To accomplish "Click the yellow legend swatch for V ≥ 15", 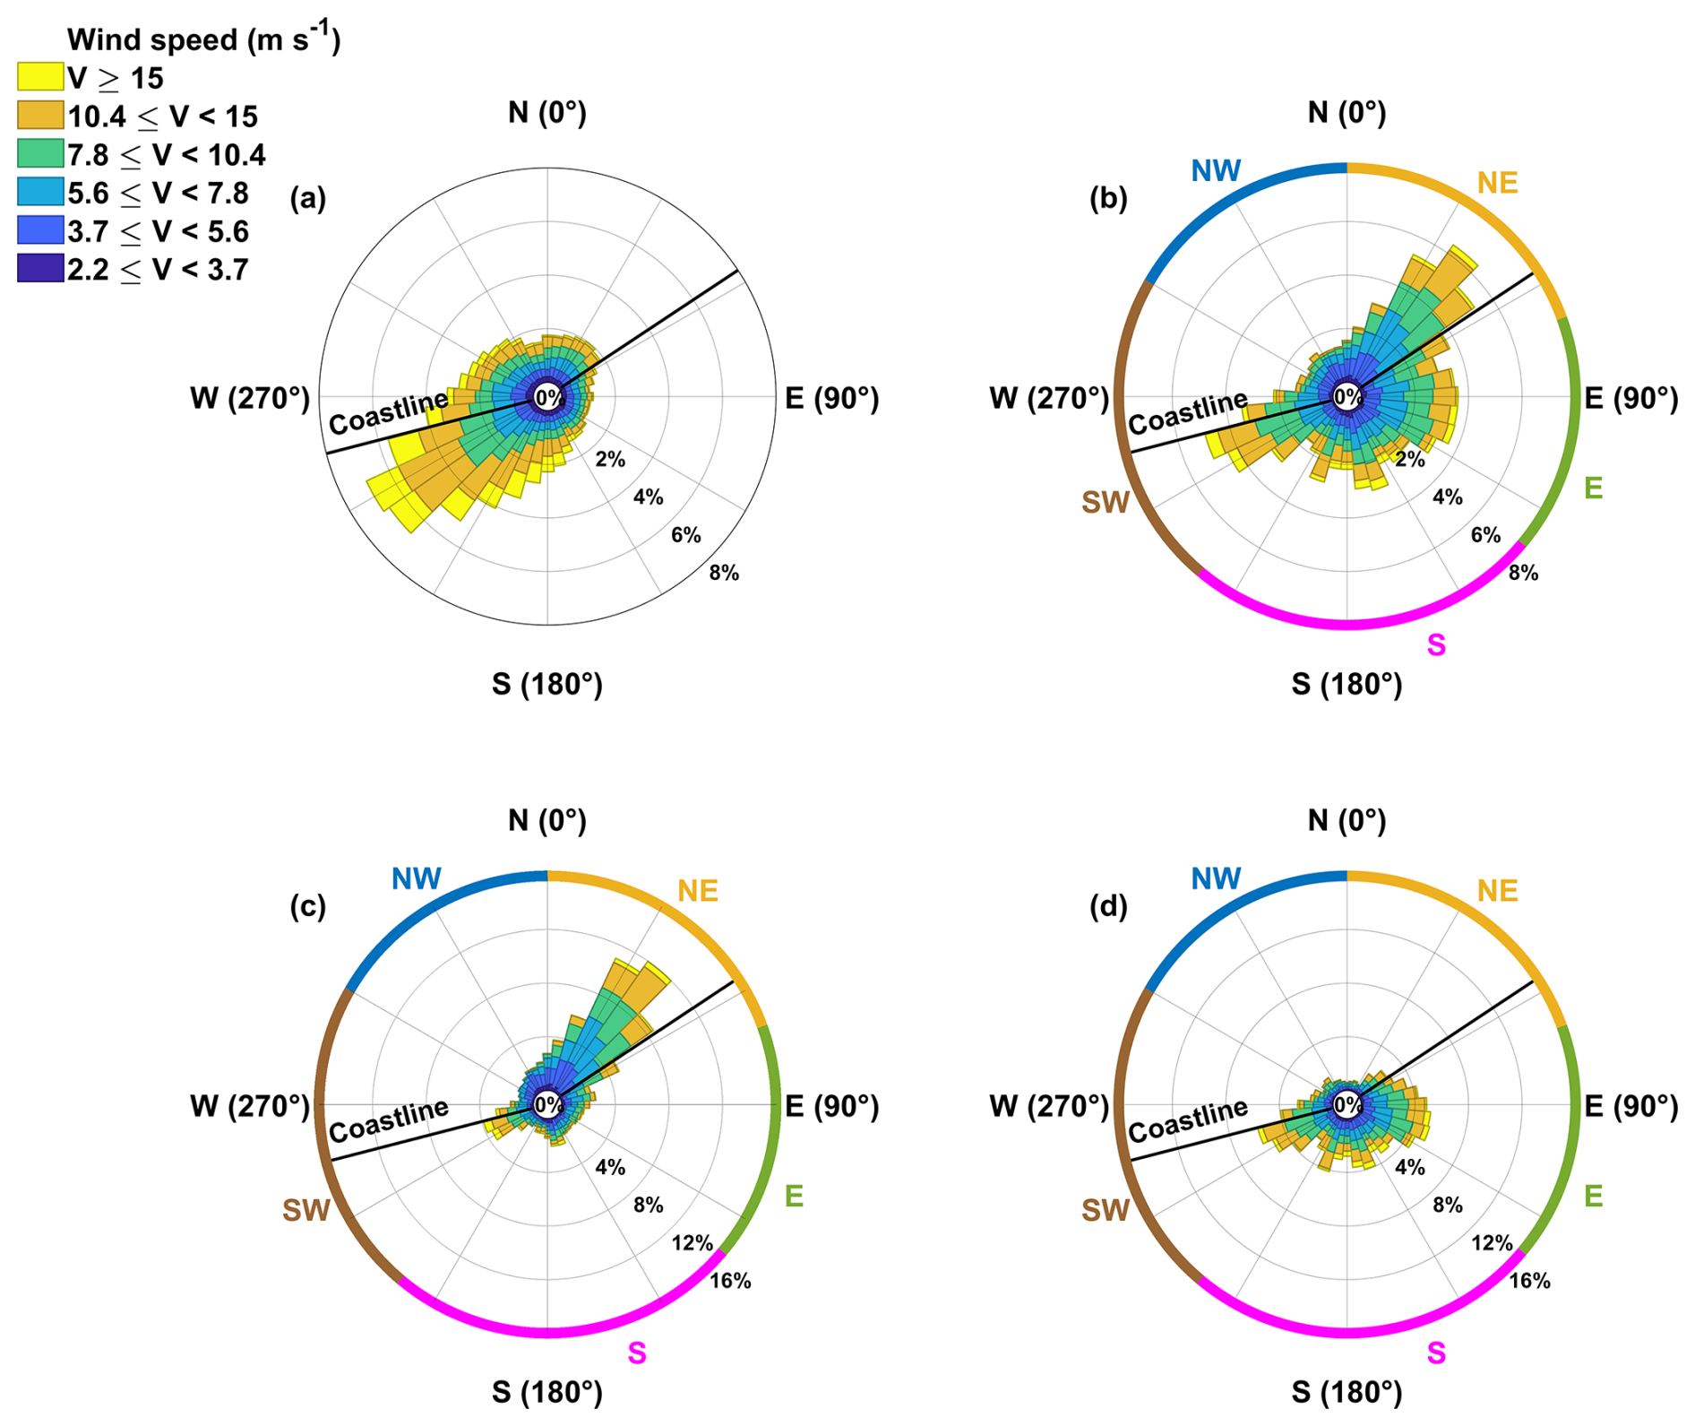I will coord(40,77).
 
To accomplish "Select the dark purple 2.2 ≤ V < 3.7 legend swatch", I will coord(40,268).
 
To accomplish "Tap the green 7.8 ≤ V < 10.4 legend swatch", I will coord(40,153).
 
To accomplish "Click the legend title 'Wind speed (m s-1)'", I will coord(203,39).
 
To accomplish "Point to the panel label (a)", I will coord(307,198).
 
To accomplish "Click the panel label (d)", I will coord(1108,906).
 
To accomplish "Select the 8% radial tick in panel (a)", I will coord(724,573).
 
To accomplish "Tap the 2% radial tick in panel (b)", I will coord(1409,459).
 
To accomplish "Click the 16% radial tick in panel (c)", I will coord(730,1281).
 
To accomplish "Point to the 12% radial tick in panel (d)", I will coord(1492,1243).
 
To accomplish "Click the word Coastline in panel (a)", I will coord(388,412).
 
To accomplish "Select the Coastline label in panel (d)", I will coord(1187,1120).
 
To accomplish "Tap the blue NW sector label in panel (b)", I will coord(1216,170).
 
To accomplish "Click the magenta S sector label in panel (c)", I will coord(637,1353).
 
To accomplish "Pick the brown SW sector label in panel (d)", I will coord(1105,1211).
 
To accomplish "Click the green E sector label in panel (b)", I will coord(1593,488).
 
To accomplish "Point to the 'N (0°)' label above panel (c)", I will coord(546,820).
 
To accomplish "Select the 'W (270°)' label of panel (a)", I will coord(250,398).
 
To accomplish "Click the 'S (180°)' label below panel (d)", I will coord(1347,1392).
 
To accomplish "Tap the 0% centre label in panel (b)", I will coord(1347,396).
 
